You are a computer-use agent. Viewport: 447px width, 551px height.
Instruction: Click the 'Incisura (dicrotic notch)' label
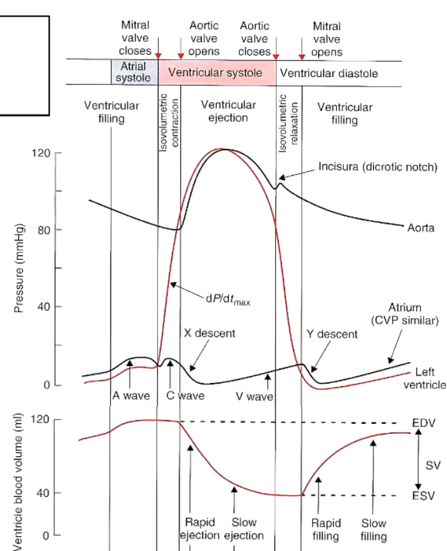(x=378, y=167)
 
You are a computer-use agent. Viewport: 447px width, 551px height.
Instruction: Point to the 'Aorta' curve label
(x=421, y=228)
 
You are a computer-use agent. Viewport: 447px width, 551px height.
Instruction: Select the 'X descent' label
(x=209, y=333)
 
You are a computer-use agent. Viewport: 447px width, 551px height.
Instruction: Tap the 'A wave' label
(x=131, y=395)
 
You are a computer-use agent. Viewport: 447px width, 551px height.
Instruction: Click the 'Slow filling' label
(x=374, y=529)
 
